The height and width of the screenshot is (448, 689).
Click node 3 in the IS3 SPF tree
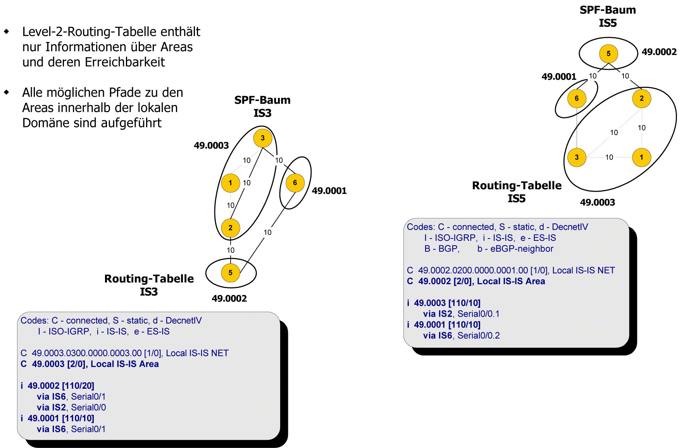262,138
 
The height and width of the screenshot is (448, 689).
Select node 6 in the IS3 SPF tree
295,183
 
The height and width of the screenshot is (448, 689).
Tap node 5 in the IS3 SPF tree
230,273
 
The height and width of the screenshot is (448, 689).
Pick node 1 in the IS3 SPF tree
230,183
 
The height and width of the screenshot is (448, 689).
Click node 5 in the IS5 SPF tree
608,53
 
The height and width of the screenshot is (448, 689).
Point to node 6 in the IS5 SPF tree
577,98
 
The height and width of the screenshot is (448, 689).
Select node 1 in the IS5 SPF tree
641,157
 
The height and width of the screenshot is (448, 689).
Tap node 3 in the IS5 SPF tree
577,157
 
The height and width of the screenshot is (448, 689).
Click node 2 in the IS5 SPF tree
641,98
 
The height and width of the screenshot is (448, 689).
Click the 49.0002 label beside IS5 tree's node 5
659,52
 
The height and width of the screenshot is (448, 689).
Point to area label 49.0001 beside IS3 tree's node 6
329,191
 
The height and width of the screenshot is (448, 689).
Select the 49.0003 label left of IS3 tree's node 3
211,146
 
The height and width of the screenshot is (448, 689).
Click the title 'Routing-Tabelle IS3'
149,285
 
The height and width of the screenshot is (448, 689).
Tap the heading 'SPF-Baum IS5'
608,16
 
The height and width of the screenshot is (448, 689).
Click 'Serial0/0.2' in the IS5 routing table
479,335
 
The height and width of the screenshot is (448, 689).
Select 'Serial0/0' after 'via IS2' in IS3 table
88,407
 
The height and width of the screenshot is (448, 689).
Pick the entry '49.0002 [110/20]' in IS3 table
61,386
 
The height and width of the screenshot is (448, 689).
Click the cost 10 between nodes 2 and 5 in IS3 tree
231,250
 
